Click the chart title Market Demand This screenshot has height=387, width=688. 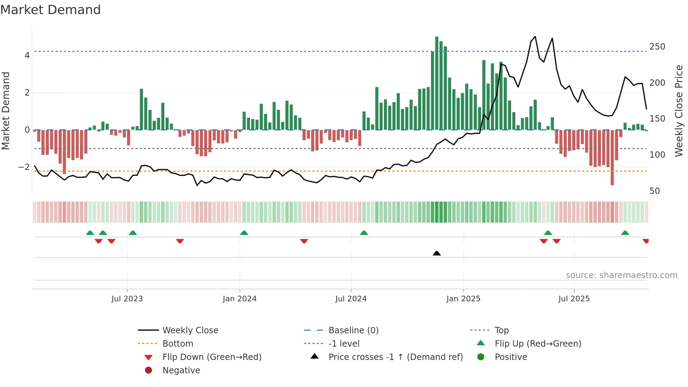pos(51,10)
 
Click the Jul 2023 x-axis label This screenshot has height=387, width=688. pos(127,299)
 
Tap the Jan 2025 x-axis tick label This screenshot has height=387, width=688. pos(463,299)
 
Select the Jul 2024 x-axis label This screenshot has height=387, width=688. pos(351,299)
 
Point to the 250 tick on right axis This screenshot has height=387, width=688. pos(657,47)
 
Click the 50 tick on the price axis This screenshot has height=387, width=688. pos(655,191)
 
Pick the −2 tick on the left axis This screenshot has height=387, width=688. pos(24,167)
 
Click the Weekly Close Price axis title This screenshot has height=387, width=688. pos(679,111)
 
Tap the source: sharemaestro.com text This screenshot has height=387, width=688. pos(621,275)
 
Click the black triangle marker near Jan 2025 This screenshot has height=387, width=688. pos(437,253)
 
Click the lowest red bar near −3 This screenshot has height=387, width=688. pos(612,158)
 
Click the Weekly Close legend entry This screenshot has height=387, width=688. pos(190,330)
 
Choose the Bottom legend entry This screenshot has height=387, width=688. pos(178,344)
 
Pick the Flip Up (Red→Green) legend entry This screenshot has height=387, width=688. pos(538,344)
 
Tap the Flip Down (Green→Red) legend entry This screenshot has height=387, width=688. pos(212,357)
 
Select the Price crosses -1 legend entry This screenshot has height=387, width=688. pos(395,357)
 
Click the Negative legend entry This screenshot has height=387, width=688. pos(181,370)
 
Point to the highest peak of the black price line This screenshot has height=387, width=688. pos(535,37)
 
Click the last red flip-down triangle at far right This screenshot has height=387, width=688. pos(646,241)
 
